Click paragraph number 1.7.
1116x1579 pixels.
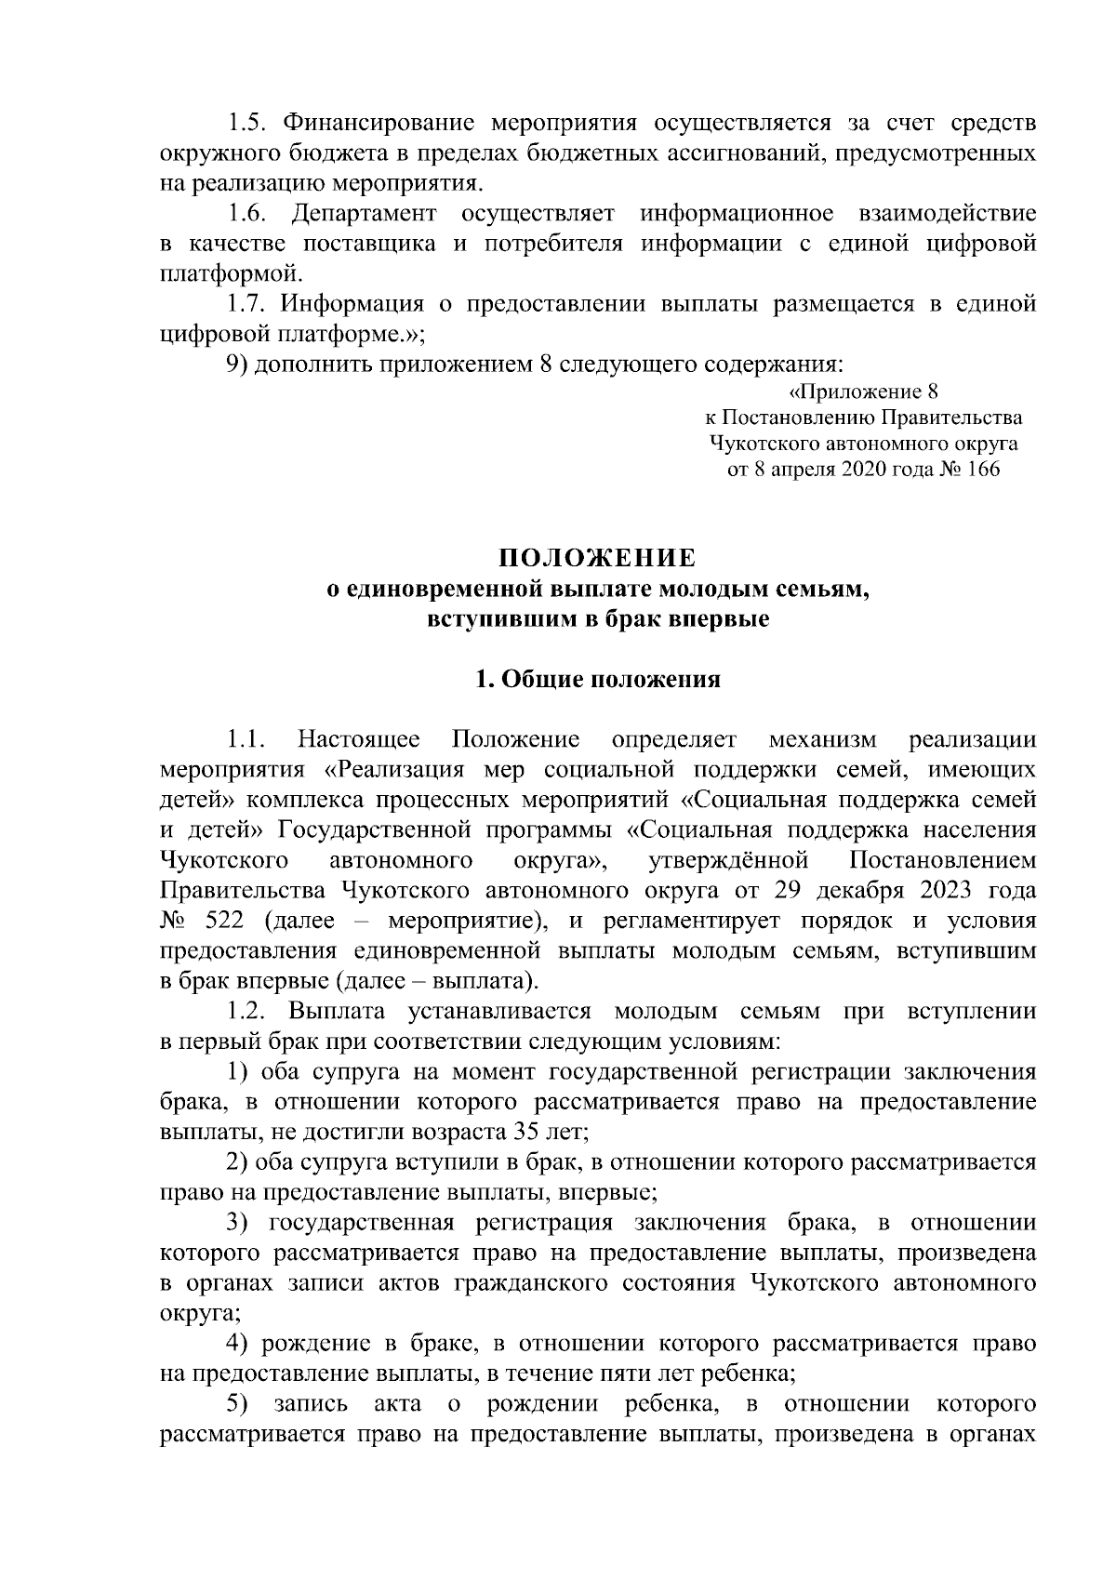247,304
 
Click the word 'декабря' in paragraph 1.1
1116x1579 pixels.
860,891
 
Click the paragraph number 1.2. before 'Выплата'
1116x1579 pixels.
248,1012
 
